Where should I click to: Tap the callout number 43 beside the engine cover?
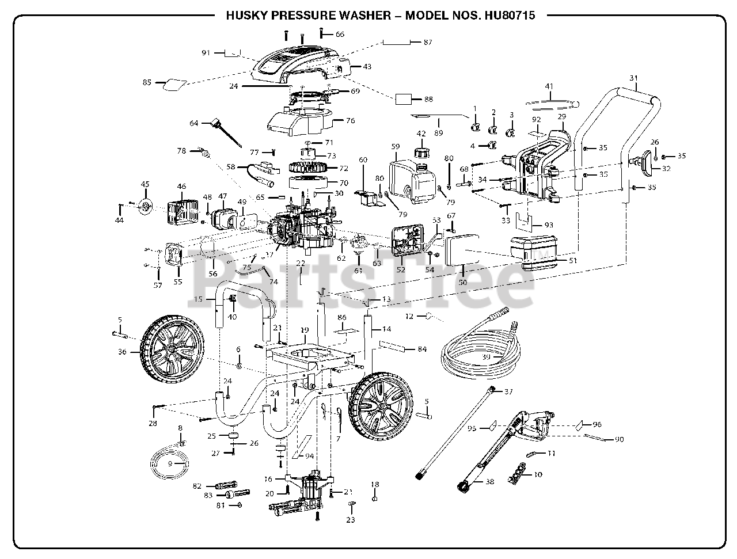(367, 66)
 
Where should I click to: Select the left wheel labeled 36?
(172, 349)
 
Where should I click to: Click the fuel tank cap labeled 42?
(421, 152)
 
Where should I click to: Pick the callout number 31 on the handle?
(633, 78)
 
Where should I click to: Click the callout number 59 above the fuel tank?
(396, 146)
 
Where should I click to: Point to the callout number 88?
(428, 99)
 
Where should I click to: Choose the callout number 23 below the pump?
(350, 520)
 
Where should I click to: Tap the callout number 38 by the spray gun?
(490, 481)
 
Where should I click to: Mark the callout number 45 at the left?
(145, 184)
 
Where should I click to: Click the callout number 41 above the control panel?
(549, 86)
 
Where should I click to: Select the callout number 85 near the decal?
(147, 82)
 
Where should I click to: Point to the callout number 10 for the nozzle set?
(538, 474)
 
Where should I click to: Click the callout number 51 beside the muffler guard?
(573, 260)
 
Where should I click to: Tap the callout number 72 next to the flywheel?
(344, 168)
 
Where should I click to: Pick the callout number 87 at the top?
(427, 42)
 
